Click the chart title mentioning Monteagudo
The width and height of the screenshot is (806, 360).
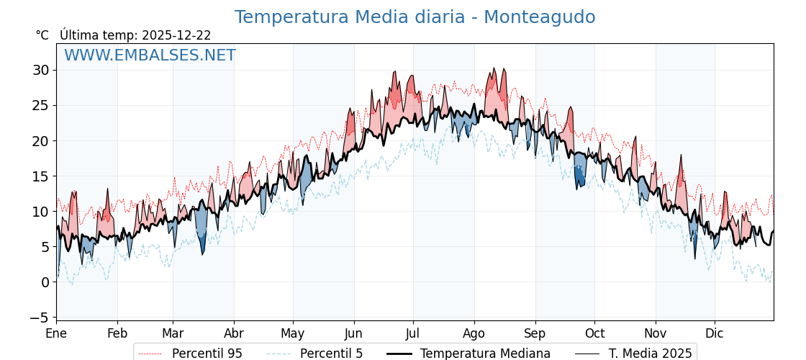[x=415, y=17]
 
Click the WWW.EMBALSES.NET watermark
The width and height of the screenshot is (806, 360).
[x=150, y=55]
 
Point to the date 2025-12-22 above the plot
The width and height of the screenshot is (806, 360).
[x=176, y=35]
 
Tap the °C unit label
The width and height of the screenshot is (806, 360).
[x=42, y=35]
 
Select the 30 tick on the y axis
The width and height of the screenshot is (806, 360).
[x=40, y=70]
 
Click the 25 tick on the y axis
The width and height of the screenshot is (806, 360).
[x=40, y=105]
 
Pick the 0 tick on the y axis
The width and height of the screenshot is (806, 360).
[x=45, y=282]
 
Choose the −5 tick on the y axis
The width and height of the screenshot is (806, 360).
[x=40, y=318]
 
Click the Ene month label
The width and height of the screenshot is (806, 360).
[x=56, y=333]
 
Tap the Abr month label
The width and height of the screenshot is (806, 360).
[x=234, y=333]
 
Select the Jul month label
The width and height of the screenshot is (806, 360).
[x=413, y=333]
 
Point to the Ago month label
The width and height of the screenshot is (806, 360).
[x=474, y=333]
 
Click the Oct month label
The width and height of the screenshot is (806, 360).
[x=594, y=333]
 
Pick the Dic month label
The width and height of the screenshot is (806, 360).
[x=715, y=333]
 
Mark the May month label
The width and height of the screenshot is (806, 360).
[x=293, y=333]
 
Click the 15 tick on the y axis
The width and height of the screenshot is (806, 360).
[x=40, y=176]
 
